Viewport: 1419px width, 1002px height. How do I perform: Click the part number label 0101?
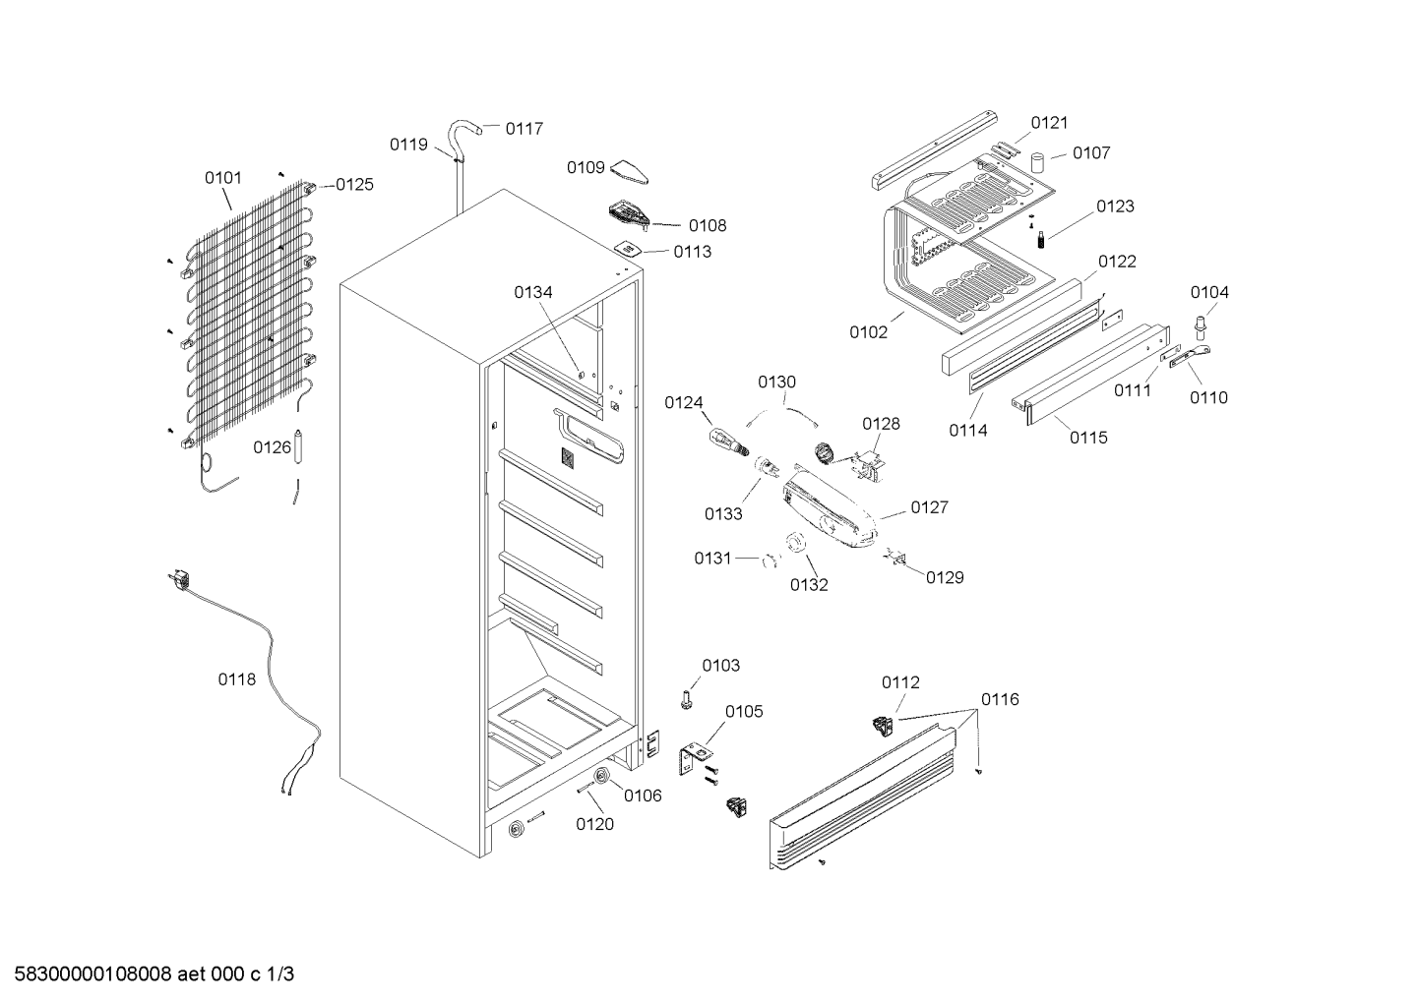tap(223, 178)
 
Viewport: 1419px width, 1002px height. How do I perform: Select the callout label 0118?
tap(237, 679)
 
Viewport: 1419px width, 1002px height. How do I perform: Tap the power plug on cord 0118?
tap(179, 579)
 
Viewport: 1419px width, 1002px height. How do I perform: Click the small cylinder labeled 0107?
tap(1037, 162)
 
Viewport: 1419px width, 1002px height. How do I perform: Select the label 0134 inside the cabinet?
tap(532, 292)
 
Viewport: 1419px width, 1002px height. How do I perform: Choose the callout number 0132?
tap(809, 585)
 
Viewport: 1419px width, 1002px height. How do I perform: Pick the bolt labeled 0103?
tap(686, 700)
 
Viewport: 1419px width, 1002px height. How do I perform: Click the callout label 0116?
tap(1000, 699)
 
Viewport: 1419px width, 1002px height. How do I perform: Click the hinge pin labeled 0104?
tap(1199, 327)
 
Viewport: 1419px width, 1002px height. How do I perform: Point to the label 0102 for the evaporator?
tap(869, 332)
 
